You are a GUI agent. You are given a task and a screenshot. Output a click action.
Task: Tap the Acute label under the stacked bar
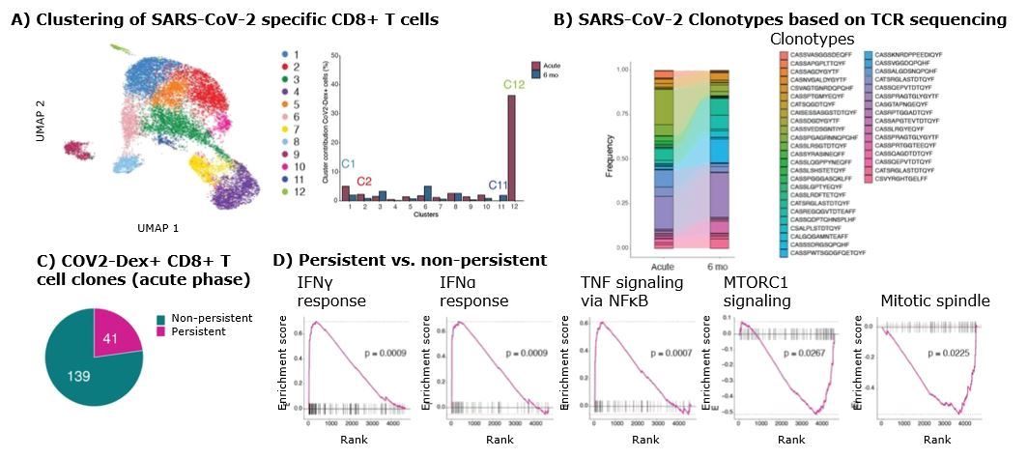663,267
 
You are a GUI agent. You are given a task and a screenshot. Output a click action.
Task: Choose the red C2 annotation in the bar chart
364,181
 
